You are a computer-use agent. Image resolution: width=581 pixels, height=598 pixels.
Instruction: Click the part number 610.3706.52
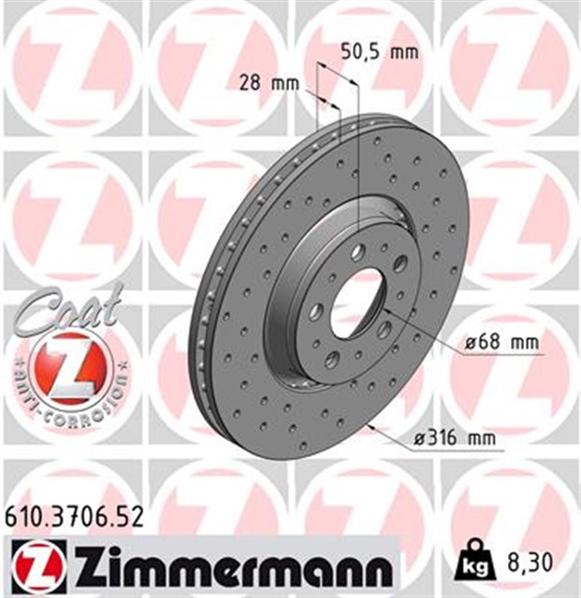point(74,516)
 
